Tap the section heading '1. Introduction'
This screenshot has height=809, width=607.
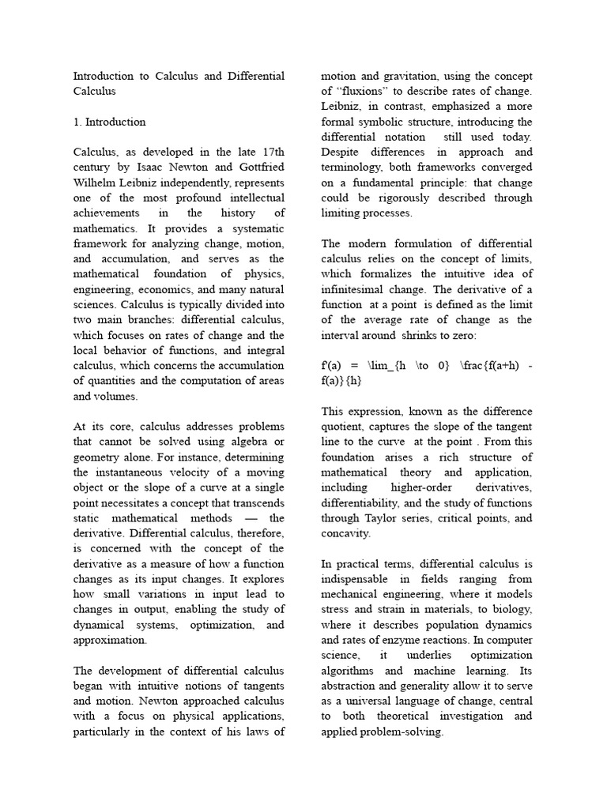coord(109,122)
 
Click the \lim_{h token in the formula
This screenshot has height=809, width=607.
coord(386,366)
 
